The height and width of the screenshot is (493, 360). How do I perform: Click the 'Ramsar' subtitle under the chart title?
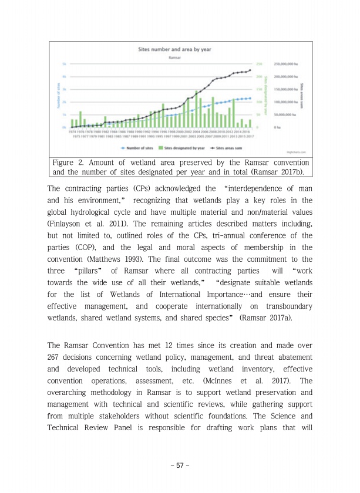tap(169, 58)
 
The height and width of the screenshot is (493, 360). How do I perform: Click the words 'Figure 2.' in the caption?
tap(69, 163)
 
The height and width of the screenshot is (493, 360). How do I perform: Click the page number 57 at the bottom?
tap(180, 465)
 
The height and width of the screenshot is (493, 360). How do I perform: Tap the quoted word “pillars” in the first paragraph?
tap(93, 272)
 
